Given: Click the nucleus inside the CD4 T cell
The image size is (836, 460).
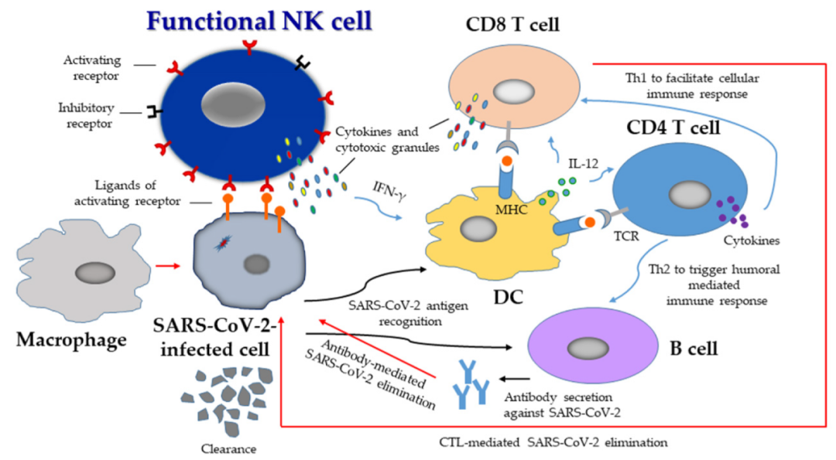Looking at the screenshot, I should coord(683,193).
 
